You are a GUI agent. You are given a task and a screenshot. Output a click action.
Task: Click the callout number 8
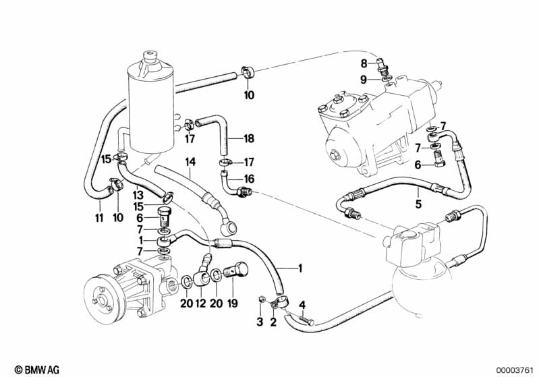tap(364, 64)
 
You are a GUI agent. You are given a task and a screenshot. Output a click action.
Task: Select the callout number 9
tap(364, 79)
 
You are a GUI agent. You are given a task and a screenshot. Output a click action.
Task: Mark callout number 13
tap(138, 194)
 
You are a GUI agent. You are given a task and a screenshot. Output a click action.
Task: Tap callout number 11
tap(100, 219)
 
